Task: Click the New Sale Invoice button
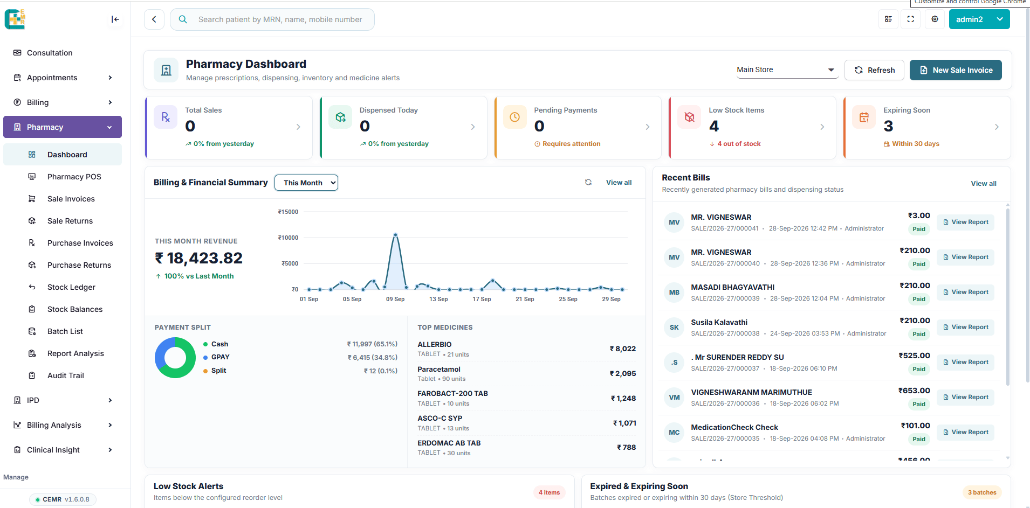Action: pos(956,70)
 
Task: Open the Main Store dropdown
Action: pos(787,70)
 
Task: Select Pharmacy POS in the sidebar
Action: pos(74,177)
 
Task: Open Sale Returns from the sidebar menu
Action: pos(70,221)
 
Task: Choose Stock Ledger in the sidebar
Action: pos(71,287)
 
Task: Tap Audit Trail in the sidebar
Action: pos(66,375)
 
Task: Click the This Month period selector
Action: pos(306,183)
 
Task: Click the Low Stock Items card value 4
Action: pos(714,126)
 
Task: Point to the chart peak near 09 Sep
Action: pos(396,234)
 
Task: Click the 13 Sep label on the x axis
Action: pos(438,299)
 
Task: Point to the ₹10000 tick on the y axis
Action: pos(288,238)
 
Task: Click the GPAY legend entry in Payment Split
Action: pos(220,357)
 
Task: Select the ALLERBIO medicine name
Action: pos(435,344)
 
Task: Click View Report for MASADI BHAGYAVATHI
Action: pos(965,292)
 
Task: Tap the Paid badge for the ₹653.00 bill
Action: pos(919,404)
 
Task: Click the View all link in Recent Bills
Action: pos(984,184)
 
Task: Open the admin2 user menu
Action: pos(979,19)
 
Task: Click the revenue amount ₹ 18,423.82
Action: pos(199,258)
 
